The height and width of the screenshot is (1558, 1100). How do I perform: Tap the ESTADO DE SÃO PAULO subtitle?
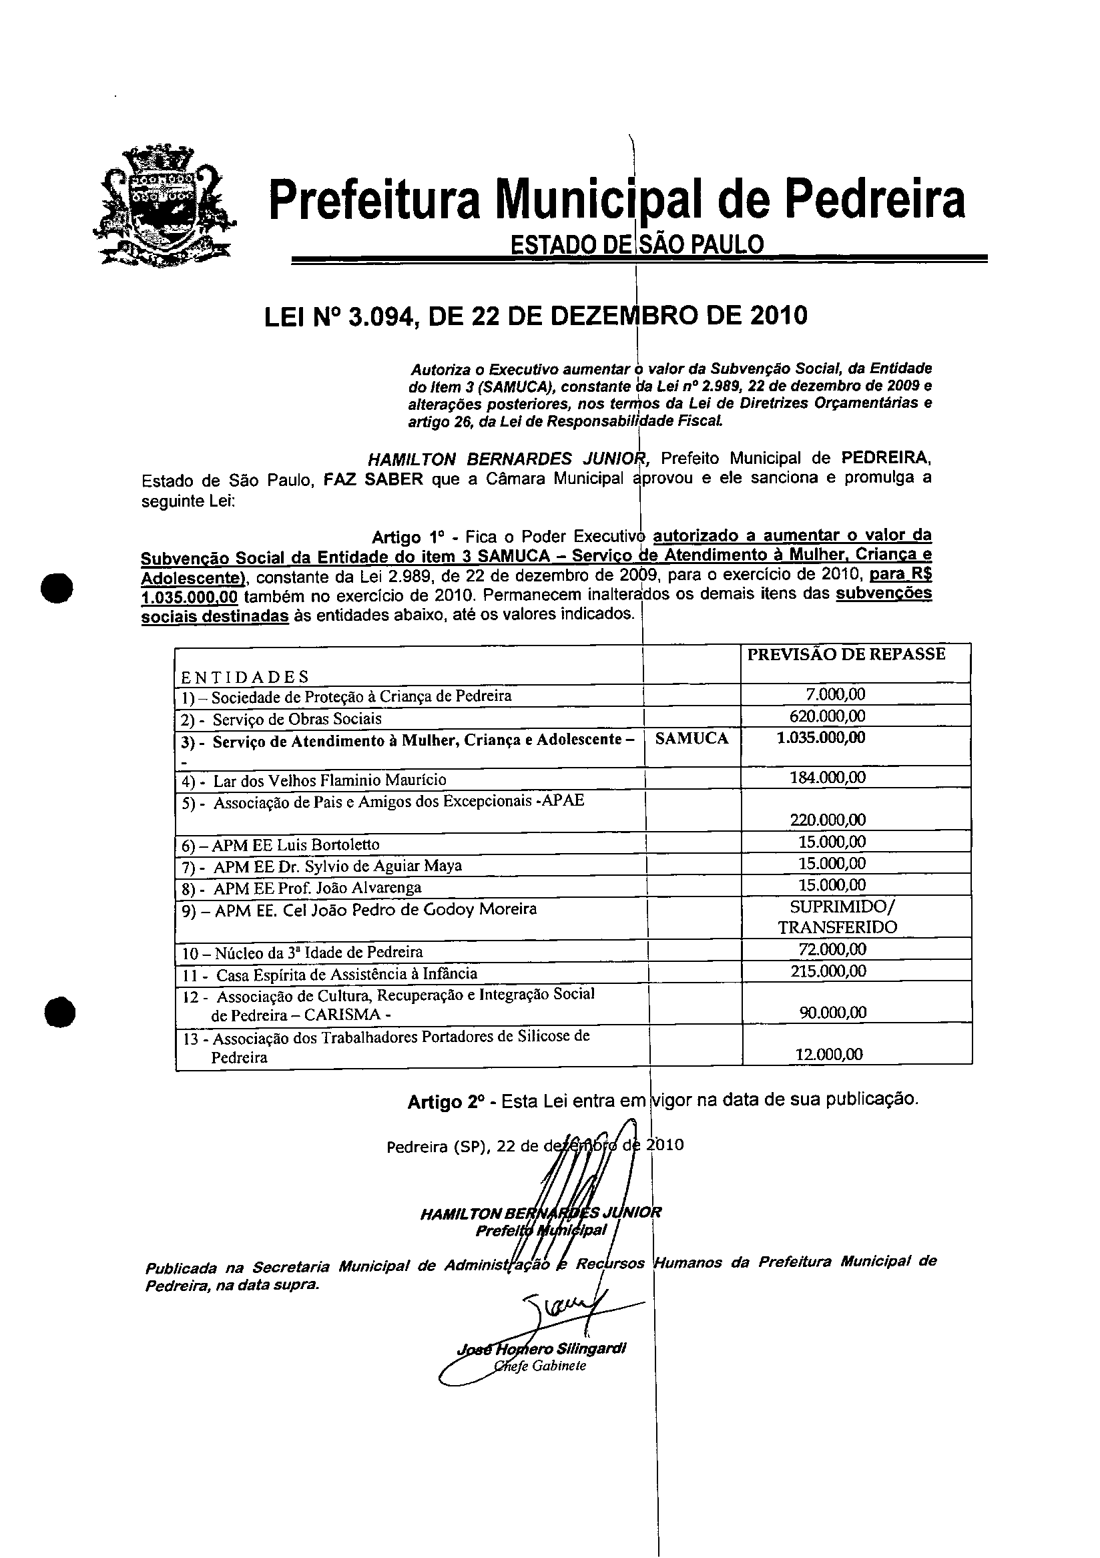(637, 244)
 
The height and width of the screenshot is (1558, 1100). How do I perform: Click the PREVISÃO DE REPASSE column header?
(846, 654)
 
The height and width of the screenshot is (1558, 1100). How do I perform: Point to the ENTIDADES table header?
(244, 677)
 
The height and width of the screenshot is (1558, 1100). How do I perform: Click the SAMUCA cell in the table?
(692, 739)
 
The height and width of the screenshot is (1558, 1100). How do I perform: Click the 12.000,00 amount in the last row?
(828, 1055)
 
